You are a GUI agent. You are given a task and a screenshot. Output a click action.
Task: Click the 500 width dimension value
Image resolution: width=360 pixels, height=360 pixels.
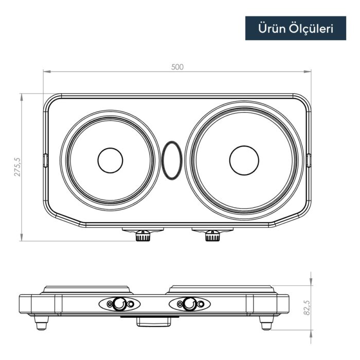pyautogui.click(x=177, y=67)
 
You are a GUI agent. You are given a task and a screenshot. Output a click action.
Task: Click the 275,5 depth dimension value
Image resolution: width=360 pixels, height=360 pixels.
pyautogui.click(x=16, y=167)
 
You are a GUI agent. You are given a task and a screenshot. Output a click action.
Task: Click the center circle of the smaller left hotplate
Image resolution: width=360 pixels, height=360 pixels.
pyautogui.click(x=110, y=160)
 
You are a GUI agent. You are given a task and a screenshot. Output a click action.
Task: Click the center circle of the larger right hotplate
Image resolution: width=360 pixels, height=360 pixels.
pyautogui.click(x=244, y=160)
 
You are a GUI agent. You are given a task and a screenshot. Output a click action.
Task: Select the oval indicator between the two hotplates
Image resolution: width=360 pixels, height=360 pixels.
pyautogui.click(x=172, y=160)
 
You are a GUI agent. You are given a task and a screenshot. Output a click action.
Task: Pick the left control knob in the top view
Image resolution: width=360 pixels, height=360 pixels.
pyautogui.click(x=143, y=236)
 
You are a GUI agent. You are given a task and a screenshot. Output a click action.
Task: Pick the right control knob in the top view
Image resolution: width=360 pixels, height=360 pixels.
pyautogui.click(x=212, y=236)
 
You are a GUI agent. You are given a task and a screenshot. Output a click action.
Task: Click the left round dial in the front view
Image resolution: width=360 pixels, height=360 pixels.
pyautogui.click(x=119, y=304)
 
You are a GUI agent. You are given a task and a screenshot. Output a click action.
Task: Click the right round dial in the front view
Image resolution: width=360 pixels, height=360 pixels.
pyautogui.click(x=189, y=304)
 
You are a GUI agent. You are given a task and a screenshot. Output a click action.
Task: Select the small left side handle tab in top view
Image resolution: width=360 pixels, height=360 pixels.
pyautogui.click(x=45, y=160)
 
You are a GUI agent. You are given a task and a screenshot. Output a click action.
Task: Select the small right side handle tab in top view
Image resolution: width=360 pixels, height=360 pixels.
pyautogui.click(x=309, y=160)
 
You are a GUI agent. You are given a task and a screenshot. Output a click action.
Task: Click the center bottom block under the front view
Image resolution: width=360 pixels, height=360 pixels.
pyautogui.click(x=153, y=322)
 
